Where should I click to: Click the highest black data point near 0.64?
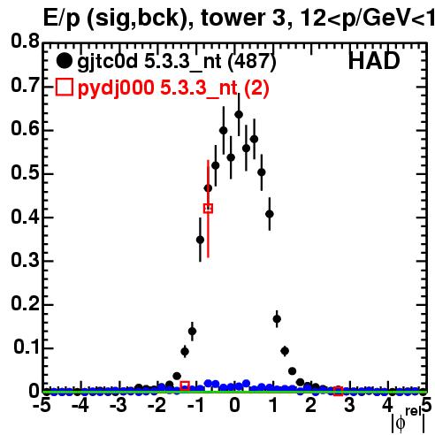point(239,114)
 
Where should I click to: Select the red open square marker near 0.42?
point(208,209)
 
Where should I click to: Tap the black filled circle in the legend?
point(64,61)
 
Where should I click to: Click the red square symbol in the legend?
point(64,87)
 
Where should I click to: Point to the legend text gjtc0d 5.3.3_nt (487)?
point(177,61)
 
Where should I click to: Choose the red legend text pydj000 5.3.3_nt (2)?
point(173,88)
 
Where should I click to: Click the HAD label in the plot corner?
point(374,61)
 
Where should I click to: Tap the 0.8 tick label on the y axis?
point(25,41)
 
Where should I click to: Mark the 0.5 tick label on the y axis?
point(25,173)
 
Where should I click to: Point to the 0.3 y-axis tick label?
point(25,260)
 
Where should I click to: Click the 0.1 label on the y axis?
point(27,347)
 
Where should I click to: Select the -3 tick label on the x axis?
point(118,405)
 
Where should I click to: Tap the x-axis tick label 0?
point(234,405)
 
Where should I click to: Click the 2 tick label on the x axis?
point(311,405)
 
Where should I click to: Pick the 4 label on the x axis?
point(387,405)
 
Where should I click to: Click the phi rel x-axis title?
point(408,420)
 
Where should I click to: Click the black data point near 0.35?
point(200,240)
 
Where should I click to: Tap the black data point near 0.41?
point(270,214)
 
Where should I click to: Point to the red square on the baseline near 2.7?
point(338,391)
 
